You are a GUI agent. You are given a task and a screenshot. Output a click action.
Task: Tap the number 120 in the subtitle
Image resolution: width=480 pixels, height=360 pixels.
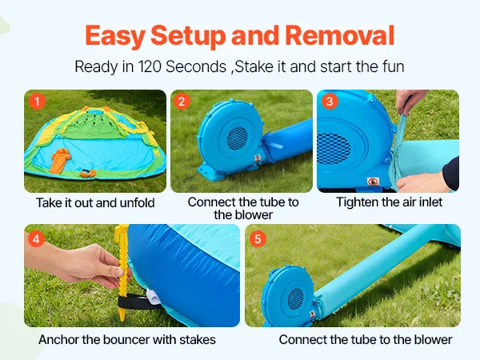click(x=150, y=66)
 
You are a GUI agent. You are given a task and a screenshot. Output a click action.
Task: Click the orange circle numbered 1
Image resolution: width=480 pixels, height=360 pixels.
click(x=37, y=102)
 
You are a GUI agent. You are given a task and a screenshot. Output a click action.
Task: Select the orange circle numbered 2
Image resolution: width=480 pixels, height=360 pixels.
click(x=182, y=102)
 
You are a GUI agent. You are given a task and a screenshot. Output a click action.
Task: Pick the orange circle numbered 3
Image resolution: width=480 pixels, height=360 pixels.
click(x=330, y=102)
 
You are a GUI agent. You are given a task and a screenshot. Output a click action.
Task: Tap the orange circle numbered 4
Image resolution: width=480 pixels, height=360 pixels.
click(x=36, y=239)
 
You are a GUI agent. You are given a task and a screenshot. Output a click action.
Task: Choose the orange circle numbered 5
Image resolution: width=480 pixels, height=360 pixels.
click(x=258, y=239)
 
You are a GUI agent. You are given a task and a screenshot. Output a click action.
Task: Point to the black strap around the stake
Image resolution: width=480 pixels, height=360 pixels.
click(x=134, y=301)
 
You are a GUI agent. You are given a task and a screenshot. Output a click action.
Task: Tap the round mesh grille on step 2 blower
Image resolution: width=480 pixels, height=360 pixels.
click(x=238, y=138)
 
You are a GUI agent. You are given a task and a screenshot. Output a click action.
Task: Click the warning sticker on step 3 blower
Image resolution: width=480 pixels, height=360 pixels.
click(x=373, y=182)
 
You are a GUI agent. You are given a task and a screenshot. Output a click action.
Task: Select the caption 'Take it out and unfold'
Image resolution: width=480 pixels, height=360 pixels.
click(x=95, y=202)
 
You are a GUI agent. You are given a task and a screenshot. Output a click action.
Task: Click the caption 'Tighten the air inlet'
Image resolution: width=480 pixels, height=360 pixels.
click(x=389, y=202)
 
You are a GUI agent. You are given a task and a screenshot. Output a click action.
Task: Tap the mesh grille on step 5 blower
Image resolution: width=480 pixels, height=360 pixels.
click(x=296, y=298)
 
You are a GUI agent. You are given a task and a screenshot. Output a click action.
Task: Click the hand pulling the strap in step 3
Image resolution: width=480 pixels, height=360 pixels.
click(x=410, y=101)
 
